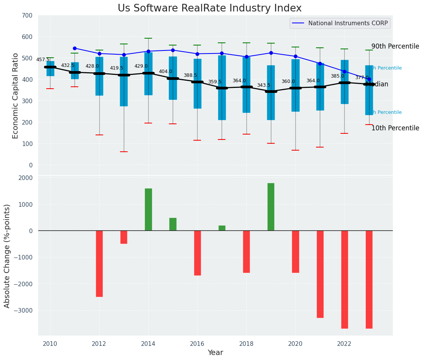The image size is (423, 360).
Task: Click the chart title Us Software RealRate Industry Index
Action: [x=209, y=8]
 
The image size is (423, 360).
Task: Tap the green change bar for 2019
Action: [x=271, y=207]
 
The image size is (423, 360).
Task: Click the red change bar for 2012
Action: [x=99, y=263]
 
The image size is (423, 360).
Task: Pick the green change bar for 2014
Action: [x=148, y=209]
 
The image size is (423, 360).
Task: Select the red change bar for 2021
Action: [x=320, y=274]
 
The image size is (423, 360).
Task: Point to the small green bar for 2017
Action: [x=222, y=228]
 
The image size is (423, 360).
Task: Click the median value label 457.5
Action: [x=43, y=60]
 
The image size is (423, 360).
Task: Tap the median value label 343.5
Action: [x=264, y=85]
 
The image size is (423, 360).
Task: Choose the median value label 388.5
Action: [x=190, y=75]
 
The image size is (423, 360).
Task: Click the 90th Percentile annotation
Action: [x=395, y=46]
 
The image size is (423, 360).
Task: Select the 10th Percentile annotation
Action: [x=395, y=128]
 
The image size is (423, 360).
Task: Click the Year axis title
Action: [x=215, y=353]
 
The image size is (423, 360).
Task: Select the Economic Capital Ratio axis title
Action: [x=16, y=96]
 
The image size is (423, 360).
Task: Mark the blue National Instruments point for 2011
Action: [x=75, y=48]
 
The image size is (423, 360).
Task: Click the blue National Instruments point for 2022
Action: [x=344, y=71]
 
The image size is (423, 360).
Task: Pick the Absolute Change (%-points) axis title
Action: [x=7, y=256]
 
